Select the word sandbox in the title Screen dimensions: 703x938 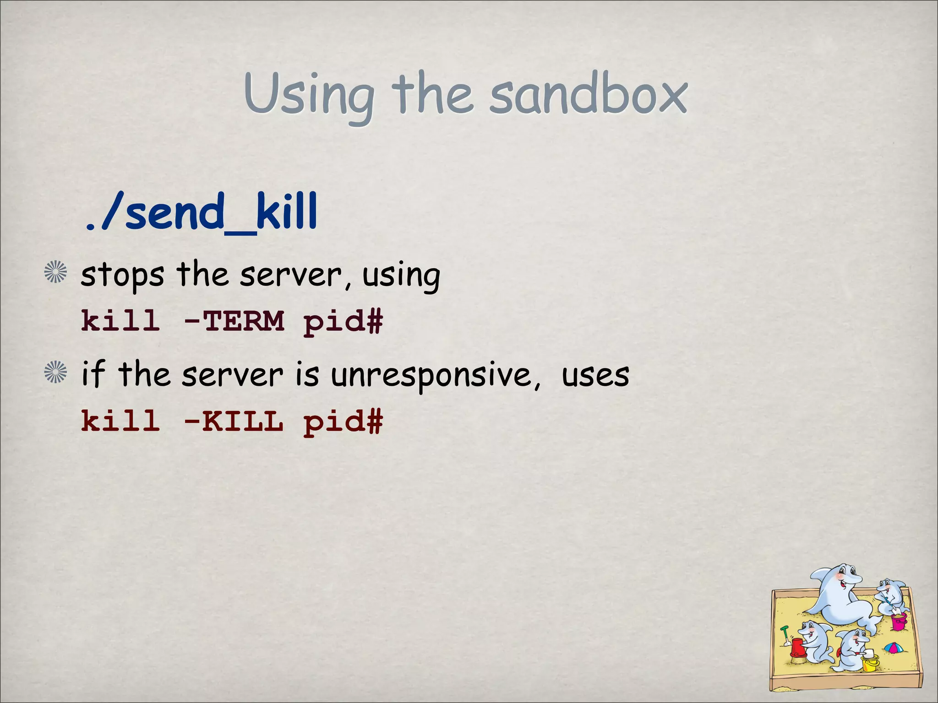[x=588, y=96]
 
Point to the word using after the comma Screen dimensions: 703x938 [x=401, y=276]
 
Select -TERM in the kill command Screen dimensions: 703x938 [x=233, y=321]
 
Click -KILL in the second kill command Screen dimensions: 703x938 [x=233, y=421]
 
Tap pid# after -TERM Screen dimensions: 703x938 [x=343, y=322]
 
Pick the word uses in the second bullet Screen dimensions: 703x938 [x=595, y=375]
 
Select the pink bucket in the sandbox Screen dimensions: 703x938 [x=899, y=621]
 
